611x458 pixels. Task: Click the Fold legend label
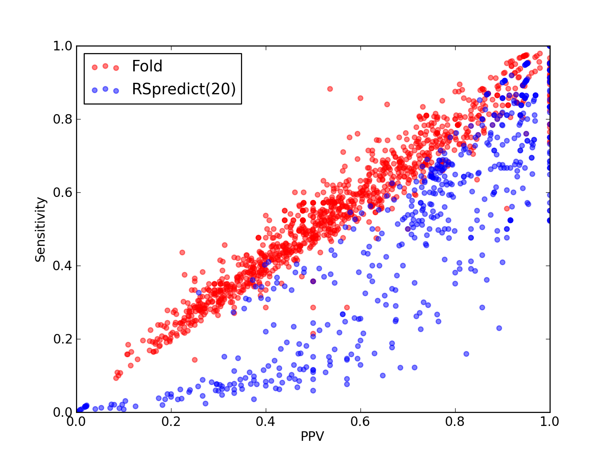pos(147,66)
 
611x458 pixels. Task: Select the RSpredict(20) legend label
pos(184,89)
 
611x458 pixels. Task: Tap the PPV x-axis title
pos(312,436)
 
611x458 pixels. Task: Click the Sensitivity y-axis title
pos(40,230)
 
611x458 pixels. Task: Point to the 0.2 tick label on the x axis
pos(171,422)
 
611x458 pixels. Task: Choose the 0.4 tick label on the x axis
pos(265,422)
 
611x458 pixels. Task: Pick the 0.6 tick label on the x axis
pos(360,422)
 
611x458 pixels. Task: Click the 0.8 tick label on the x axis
pos(455,422)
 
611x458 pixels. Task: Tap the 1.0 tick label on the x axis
pos(550,422)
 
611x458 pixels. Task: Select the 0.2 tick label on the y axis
pos(63,339)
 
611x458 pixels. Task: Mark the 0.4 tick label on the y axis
pos(63,266)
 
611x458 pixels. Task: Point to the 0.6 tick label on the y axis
pos(63,192)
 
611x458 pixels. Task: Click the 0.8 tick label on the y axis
pos(63,119)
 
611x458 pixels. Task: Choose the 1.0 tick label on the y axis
pos(63,46)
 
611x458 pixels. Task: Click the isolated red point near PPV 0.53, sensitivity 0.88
pos(330,89)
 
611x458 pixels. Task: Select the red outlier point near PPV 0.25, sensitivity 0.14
pos(195,360)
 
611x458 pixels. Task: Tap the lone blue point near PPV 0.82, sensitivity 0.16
pos(466,354)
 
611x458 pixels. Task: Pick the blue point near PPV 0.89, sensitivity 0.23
pos(499,328)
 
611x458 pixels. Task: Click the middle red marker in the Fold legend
pos(105,66)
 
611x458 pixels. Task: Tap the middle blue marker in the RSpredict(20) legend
pos(105,89)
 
